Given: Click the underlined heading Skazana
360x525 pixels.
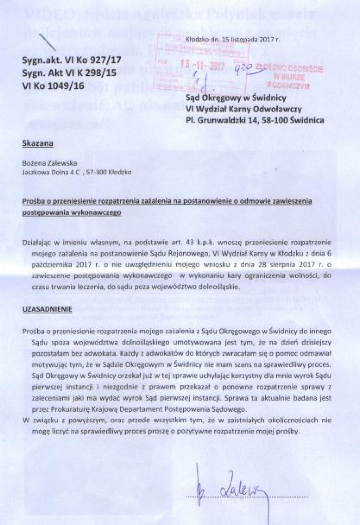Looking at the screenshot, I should point(38,143).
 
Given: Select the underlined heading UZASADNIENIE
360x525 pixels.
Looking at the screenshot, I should point(47,309).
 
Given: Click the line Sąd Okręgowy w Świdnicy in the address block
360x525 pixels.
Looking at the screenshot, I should point(236,98).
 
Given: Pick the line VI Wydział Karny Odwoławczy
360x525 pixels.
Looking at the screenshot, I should point(243,109).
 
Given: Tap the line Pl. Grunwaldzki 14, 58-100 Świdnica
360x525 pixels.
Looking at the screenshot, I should point(255,121).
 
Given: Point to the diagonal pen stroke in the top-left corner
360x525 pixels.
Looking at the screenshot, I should point(48,41).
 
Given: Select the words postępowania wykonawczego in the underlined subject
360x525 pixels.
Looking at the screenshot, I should point(72,213).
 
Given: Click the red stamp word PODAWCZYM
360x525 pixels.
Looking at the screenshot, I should point(288,85).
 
